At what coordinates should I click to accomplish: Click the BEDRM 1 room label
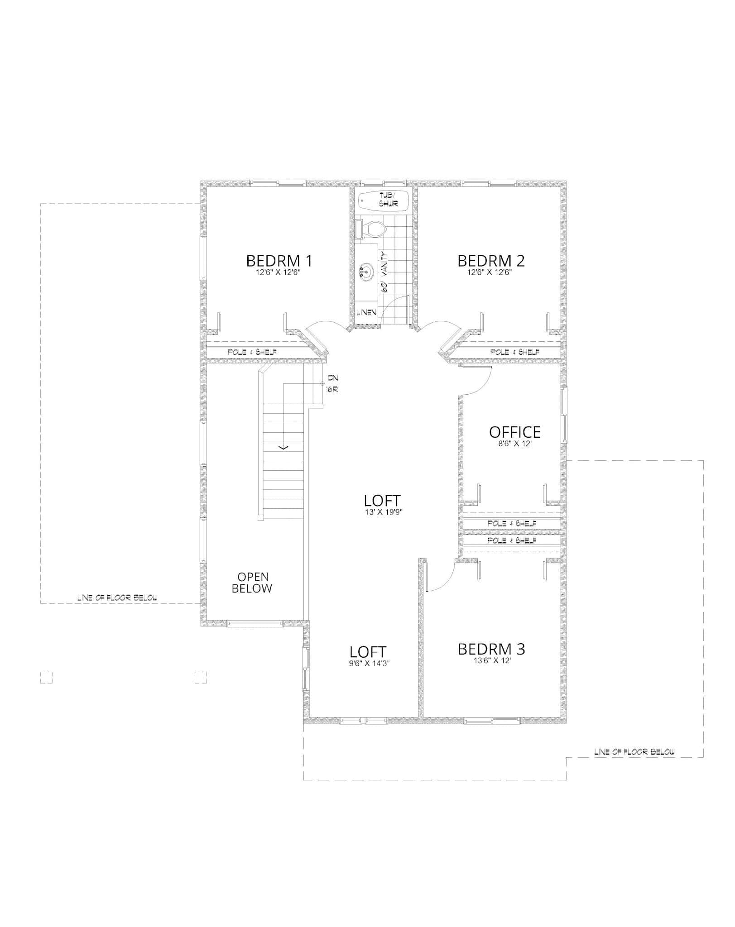tap(279, 261)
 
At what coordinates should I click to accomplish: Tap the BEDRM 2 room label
tap(491, 261)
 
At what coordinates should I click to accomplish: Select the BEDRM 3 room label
tap(491, 649)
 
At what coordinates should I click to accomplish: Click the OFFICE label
tap(514, 432)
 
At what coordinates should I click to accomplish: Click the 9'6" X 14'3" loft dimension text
tap(368, 664)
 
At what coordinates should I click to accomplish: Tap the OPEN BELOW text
tap(253, 583)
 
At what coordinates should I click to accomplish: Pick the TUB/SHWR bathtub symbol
tap(383, 200)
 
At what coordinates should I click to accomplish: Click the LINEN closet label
tap(366, 312)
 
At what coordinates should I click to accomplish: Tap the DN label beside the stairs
tap(333, 377)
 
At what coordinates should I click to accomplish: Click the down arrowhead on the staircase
tap(283, 448)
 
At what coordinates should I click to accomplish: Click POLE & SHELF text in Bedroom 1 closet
tap(252, 352)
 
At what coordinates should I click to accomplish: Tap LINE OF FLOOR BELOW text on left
tap(117, 598)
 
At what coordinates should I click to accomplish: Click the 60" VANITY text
tap(384, 273)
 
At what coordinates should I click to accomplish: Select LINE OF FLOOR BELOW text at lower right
tap(634, 752)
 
